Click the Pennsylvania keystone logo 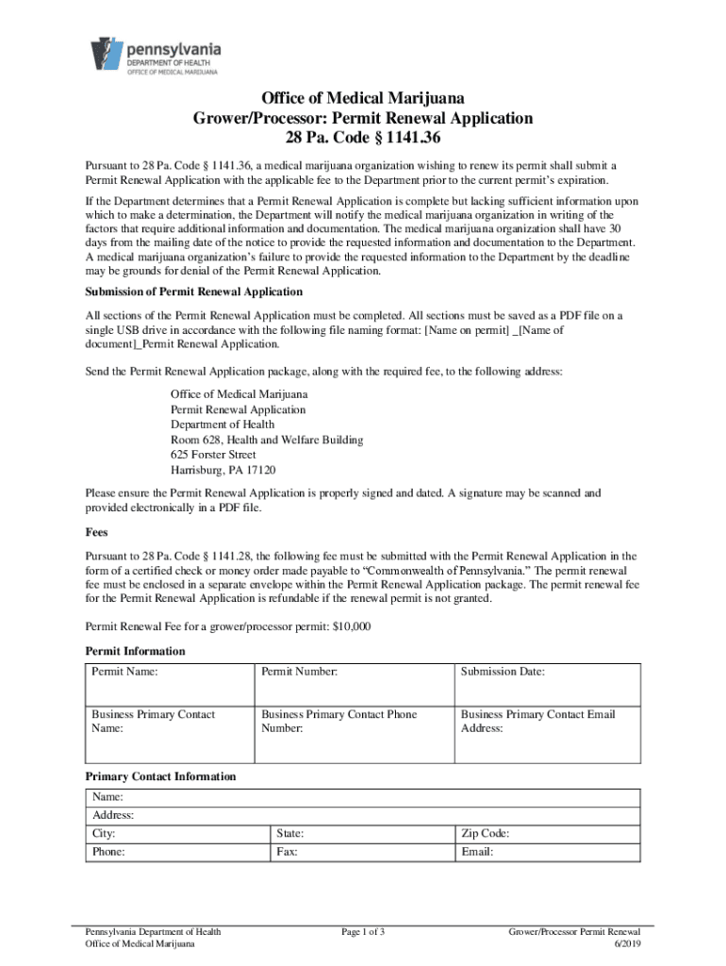pyautogui.click(x=107, y=55)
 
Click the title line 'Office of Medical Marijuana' pyautogui.click(x=363, y=98)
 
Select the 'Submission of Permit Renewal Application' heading pyautogui.click(x=193, y=291)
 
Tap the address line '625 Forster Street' pyautogui.click(x=213, y=455)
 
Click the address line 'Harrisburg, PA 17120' pyautogui.click(x=223, y=470)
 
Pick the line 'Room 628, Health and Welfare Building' pyautogui.click(x=267, y=440)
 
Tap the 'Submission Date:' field pyautogui.click(x=547, y=683)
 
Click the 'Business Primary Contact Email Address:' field pyautogui.click(x=547, y=733)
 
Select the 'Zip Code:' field pyautogui.click(x=547, y=834)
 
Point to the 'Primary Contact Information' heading pyautogui.click(x=160, y=776)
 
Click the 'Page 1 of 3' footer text pyautogui.click(x=363, y=932)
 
